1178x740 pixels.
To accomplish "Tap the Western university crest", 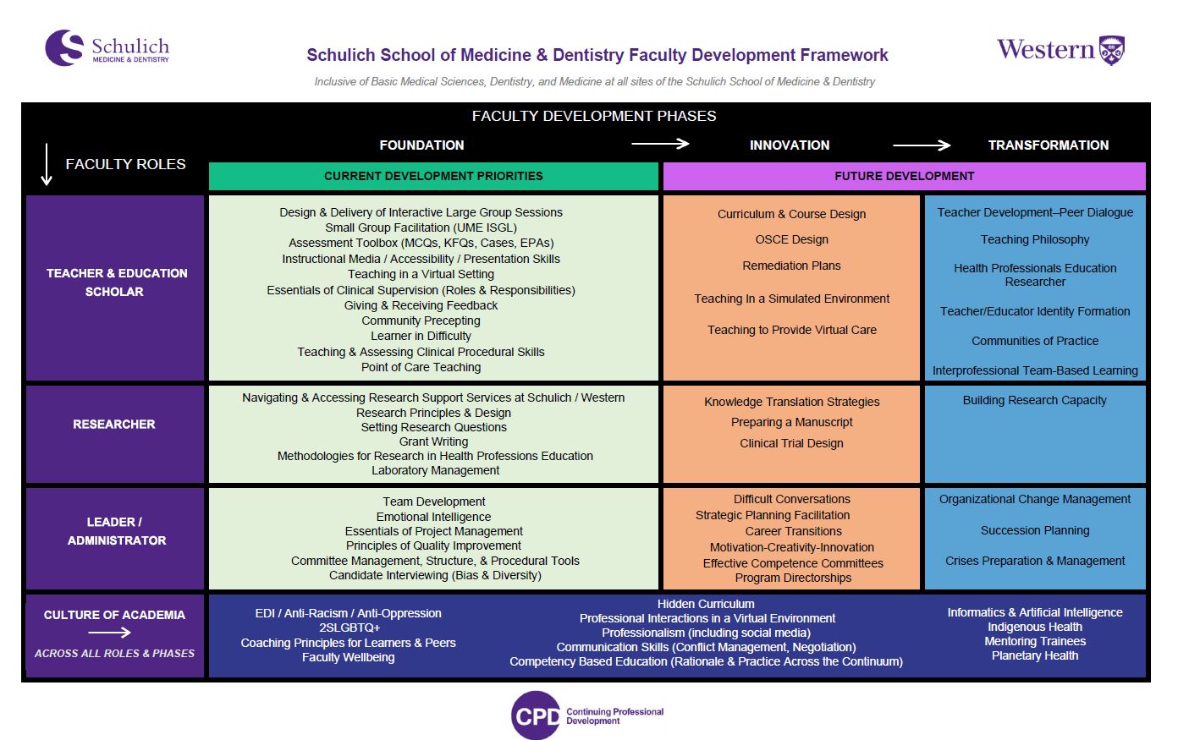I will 1111,51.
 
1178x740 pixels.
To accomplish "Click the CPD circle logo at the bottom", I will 536,715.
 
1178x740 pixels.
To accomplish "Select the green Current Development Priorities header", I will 433,176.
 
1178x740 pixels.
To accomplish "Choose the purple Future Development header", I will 904,176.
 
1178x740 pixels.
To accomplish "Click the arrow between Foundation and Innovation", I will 660,144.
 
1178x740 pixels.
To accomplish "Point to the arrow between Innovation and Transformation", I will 922,145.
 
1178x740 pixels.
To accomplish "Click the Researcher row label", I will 114,424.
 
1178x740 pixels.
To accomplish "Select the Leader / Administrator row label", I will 116,531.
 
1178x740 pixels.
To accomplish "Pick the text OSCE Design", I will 791,239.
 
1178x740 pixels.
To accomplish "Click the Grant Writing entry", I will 433,441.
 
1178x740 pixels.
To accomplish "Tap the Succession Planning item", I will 1034,530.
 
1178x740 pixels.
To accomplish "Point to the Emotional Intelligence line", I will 433,517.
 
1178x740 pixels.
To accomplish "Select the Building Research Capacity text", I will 1034,400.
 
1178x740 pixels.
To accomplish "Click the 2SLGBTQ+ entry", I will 349,628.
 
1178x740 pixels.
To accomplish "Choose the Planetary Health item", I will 1034,655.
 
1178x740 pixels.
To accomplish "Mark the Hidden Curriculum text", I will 706,604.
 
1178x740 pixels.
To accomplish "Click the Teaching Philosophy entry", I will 1034,239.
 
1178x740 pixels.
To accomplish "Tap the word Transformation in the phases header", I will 1048,145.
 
